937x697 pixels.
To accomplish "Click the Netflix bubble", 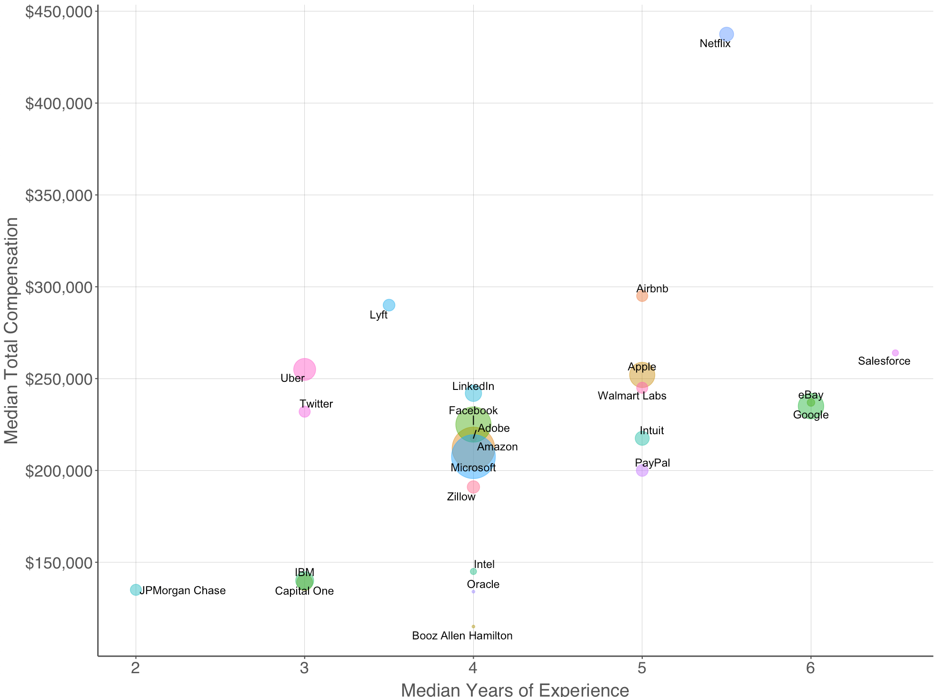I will coord(726,34).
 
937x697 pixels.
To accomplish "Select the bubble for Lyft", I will coord(389,305).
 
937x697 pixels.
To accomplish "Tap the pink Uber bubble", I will coord(305,369).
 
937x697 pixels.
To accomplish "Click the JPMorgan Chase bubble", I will coord(136,589).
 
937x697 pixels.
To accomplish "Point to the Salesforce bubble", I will coord(895,353).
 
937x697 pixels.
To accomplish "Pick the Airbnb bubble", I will coord(642,296).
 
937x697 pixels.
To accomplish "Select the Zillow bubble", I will coord(473,487).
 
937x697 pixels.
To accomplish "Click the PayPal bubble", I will coord(642,470).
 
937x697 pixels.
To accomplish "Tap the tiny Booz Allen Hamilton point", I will coord(473,627).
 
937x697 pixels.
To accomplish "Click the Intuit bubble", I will coord(642,438).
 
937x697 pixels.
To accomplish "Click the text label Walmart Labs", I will coord(632,396).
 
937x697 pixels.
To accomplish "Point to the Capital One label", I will coord(304,591).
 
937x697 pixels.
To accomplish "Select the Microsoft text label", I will coord(473,468).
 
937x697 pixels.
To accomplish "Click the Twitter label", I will coord(316,404).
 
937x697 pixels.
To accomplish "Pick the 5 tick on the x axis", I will coord(642,669).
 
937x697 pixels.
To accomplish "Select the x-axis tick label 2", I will coord(136,669).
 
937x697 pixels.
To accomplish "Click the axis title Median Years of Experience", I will coord(515,689).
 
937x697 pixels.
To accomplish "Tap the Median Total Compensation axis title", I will coord(11,331).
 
